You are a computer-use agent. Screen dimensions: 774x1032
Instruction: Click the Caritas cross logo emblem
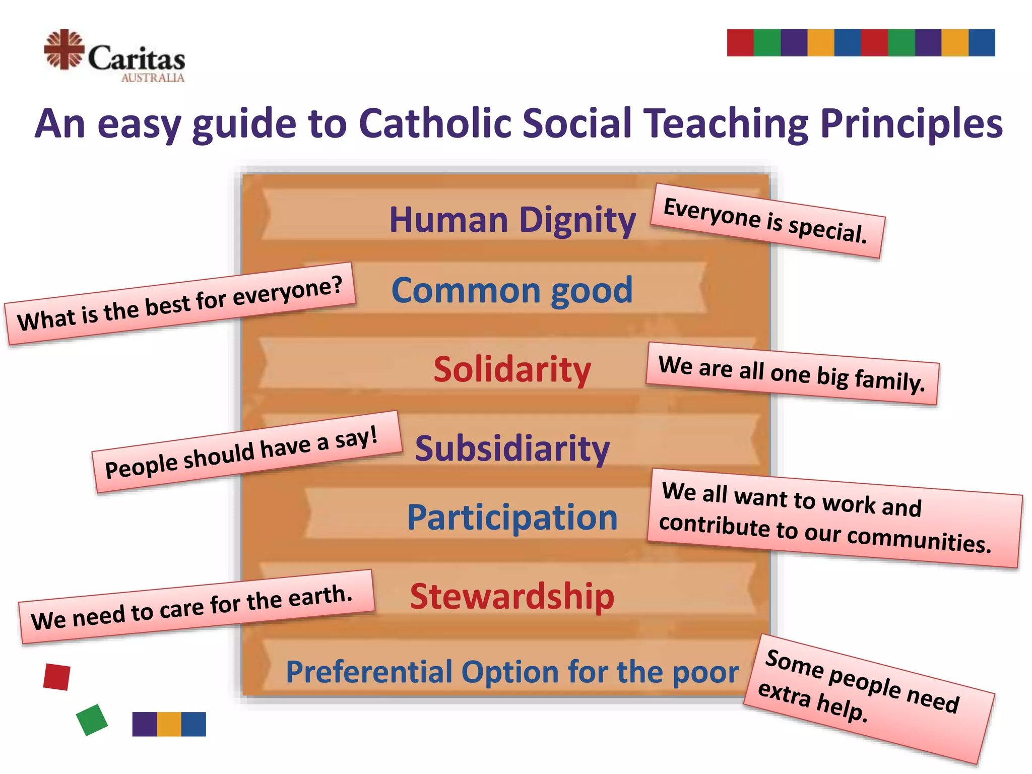point(64,49)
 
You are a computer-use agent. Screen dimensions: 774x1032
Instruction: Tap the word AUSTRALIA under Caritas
point(153,78)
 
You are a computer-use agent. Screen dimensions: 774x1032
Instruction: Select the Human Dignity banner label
point(512,220)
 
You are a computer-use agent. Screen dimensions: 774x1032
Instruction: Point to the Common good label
point(512,291)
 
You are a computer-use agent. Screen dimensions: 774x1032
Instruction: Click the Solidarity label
point(512,370)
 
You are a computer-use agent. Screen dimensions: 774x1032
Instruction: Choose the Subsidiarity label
point(512,448)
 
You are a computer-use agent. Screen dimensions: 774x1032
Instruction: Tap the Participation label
point(512,518)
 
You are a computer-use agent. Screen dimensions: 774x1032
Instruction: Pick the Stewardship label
point(512,597)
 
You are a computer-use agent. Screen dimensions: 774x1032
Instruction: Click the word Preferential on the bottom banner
point(369,672)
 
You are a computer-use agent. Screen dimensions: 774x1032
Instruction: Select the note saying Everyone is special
point(766,221)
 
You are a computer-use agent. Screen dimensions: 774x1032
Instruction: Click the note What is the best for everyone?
point(180,304)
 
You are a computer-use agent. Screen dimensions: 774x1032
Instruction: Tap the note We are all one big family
point(792,373)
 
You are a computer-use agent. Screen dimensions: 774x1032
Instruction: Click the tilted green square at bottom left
point(92,720)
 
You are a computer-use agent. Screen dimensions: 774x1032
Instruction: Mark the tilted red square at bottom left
point(57,677)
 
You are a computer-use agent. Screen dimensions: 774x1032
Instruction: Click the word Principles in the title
point(911,123)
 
